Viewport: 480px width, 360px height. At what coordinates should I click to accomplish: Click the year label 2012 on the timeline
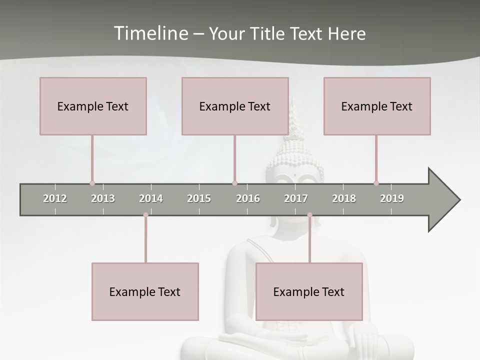point(55,198)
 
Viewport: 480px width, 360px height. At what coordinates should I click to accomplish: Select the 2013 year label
point(103,198)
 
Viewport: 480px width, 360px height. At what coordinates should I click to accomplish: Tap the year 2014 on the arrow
point(151,198)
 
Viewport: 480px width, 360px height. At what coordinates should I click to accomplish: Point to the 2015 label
point(199,198)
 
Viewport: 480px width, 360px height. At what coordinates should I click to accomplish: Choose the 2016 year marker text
point(248,198)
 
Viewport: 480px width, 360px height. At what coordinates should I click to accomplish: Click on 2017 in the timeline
point(296,198)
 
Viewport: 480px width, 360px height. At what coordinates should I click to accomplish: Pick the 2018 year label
point(344,198)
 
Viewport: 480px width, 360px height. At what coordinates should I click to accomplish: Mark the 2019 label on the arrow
point(392,198)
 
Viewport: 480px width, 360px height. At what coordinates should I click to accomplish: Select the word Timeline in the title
point(150,33)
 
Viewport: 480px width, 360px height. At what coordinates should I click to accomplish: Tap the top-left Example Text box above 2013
point(93,106)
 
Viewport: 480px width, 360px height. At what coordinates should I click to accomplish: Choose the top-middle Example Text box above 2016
point(235,106)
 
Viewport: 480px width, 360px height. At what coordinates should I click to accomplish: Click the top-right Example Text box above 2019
point(377,106)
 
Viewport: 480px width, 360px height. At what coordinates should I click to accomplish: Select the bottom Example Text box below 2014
point(145,291)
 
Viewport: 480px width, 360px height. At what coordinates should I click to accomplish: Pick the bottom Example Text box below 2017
point(309,291)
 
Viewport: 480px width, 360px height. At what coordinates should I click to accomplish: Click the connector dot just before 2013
point(92,183)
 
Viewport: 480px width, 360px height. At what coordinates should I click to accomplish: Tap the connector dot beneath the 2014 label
point(145,215)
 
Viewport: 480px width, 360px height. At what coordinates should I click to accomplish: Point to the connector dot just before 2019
point(376,183)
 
